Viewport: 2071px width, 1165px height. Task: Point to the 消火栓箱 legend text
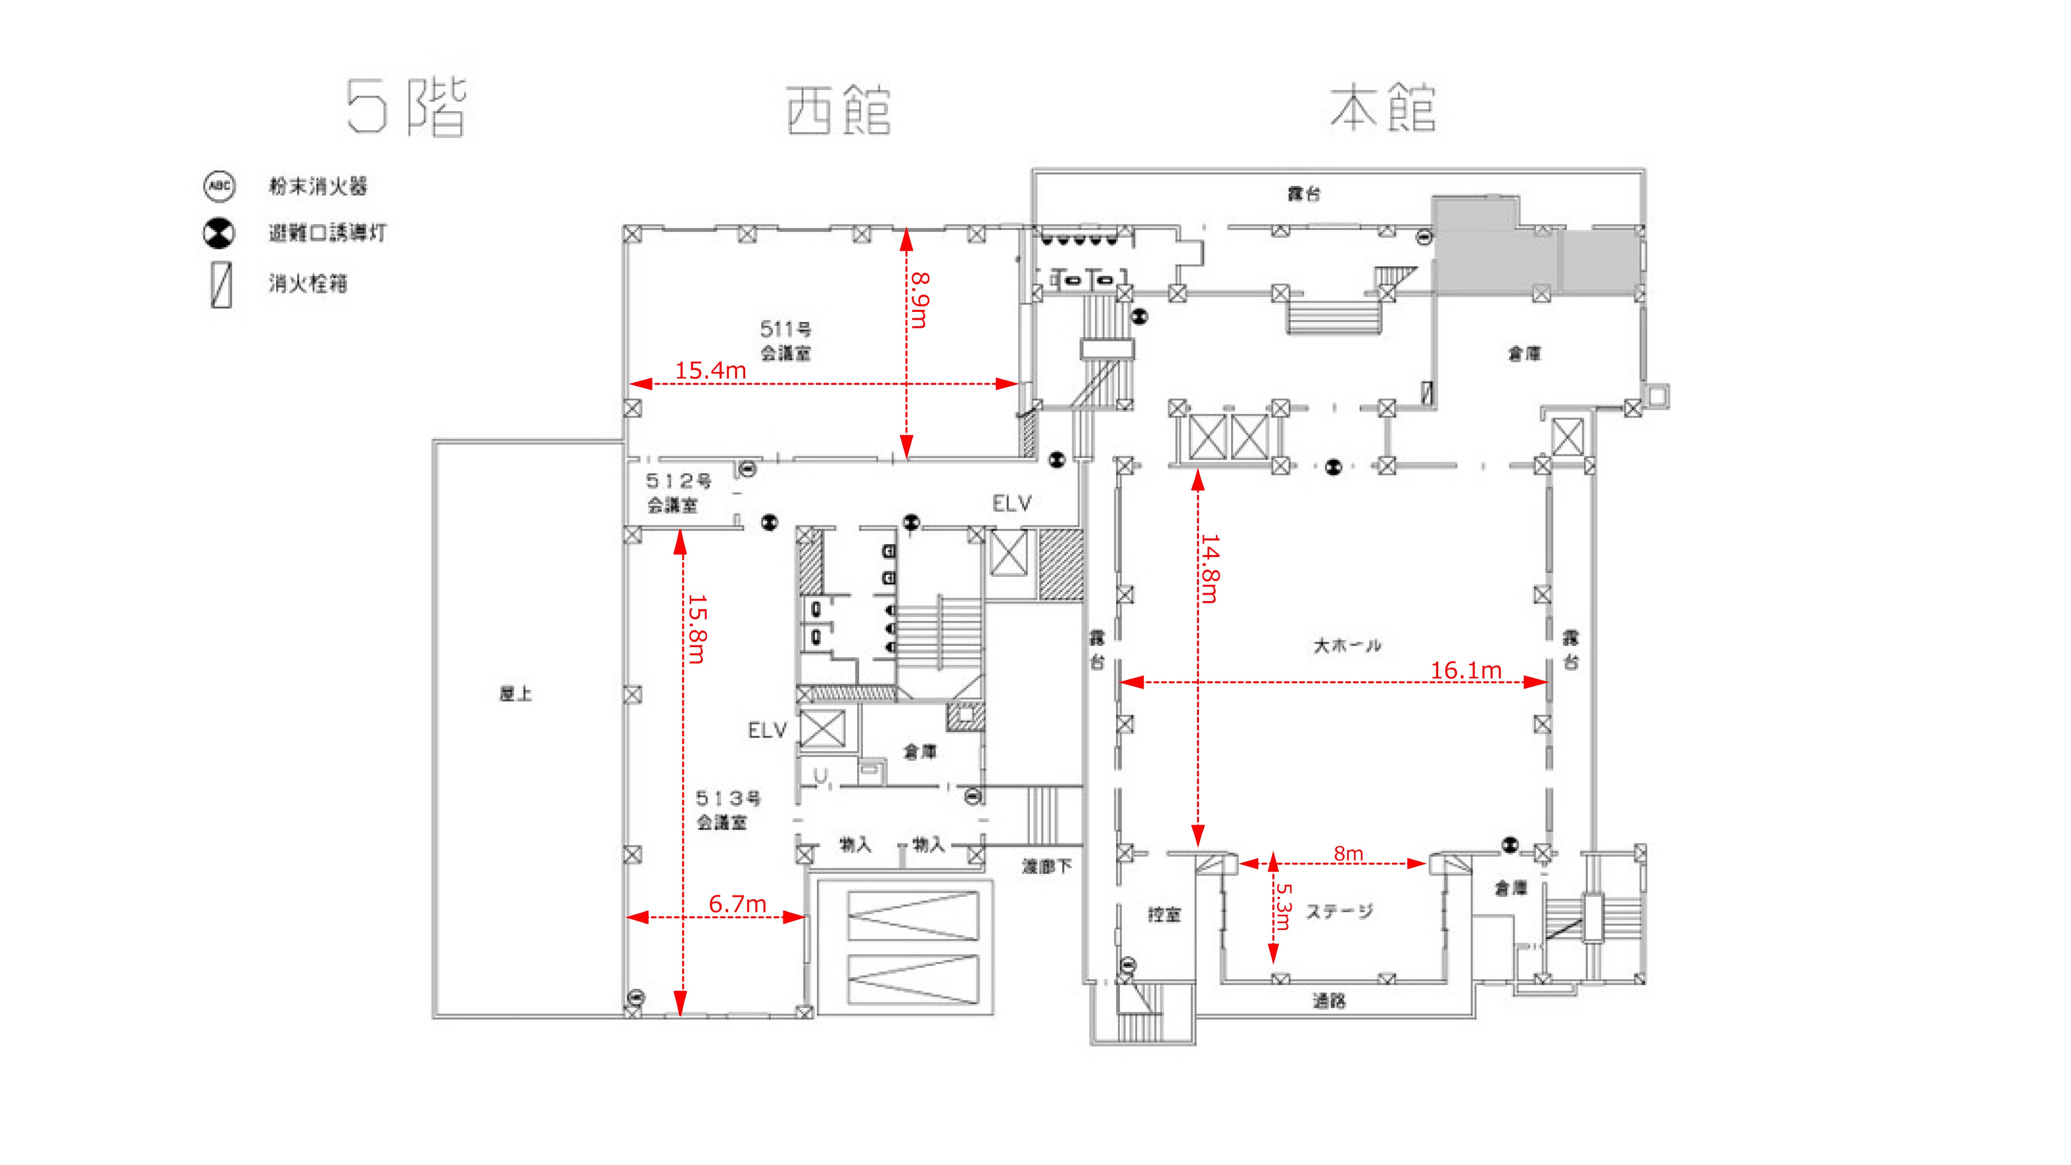308,284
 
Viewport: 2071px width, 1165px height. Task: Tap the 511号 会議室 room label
786,341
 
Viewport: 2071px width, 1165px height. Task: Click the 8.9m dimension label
920,300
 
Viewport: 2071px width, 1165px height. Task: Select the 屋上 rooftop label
515,694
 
